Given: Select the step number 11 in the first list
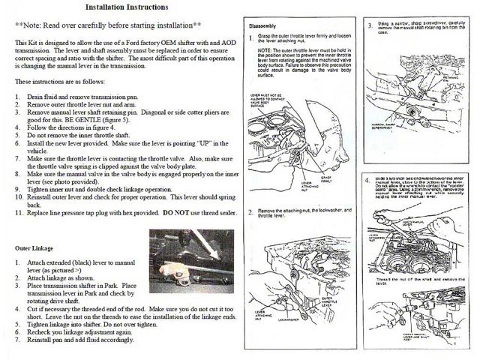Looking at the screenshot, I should [x=19, y=214].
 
